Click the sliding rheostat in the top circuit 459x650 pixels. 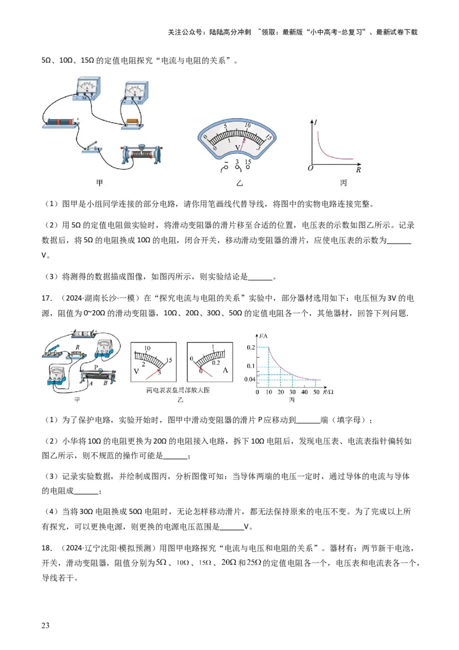tap(141, 155)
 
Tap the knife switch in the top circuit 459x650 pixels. tap(91, 148)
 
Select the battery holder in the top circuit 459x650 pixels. tap(60, 123)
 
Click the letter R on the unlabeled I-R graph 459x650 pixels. tap(359, 169)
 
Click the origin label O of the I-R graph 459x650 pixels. tap(310, 168)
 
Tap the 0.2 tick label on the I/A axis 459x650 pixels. tap(251, 347)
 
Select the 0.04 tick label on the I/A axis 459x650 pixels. tap(250, 380)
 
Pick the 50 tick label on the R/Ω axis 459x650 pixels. tap(316, 392)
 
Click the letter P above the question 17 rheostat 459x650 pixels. tap(96, 367)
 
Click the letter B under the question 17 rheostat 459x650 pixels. tap(105, 384)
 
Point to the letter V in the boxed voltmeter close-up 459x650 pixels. tap(137, 371)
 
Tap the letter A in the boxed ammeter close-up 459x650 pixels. tap(225, 370)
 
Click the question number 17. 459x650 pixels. tap(46, 298)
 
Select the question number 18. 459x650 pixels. tap(46, 548)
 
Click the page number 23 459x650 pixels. tap(45, 625)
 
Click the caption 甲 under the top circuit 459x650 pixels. tap(99, 183)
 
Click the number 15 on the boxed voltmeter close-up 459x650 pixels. tap(169, 360)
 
